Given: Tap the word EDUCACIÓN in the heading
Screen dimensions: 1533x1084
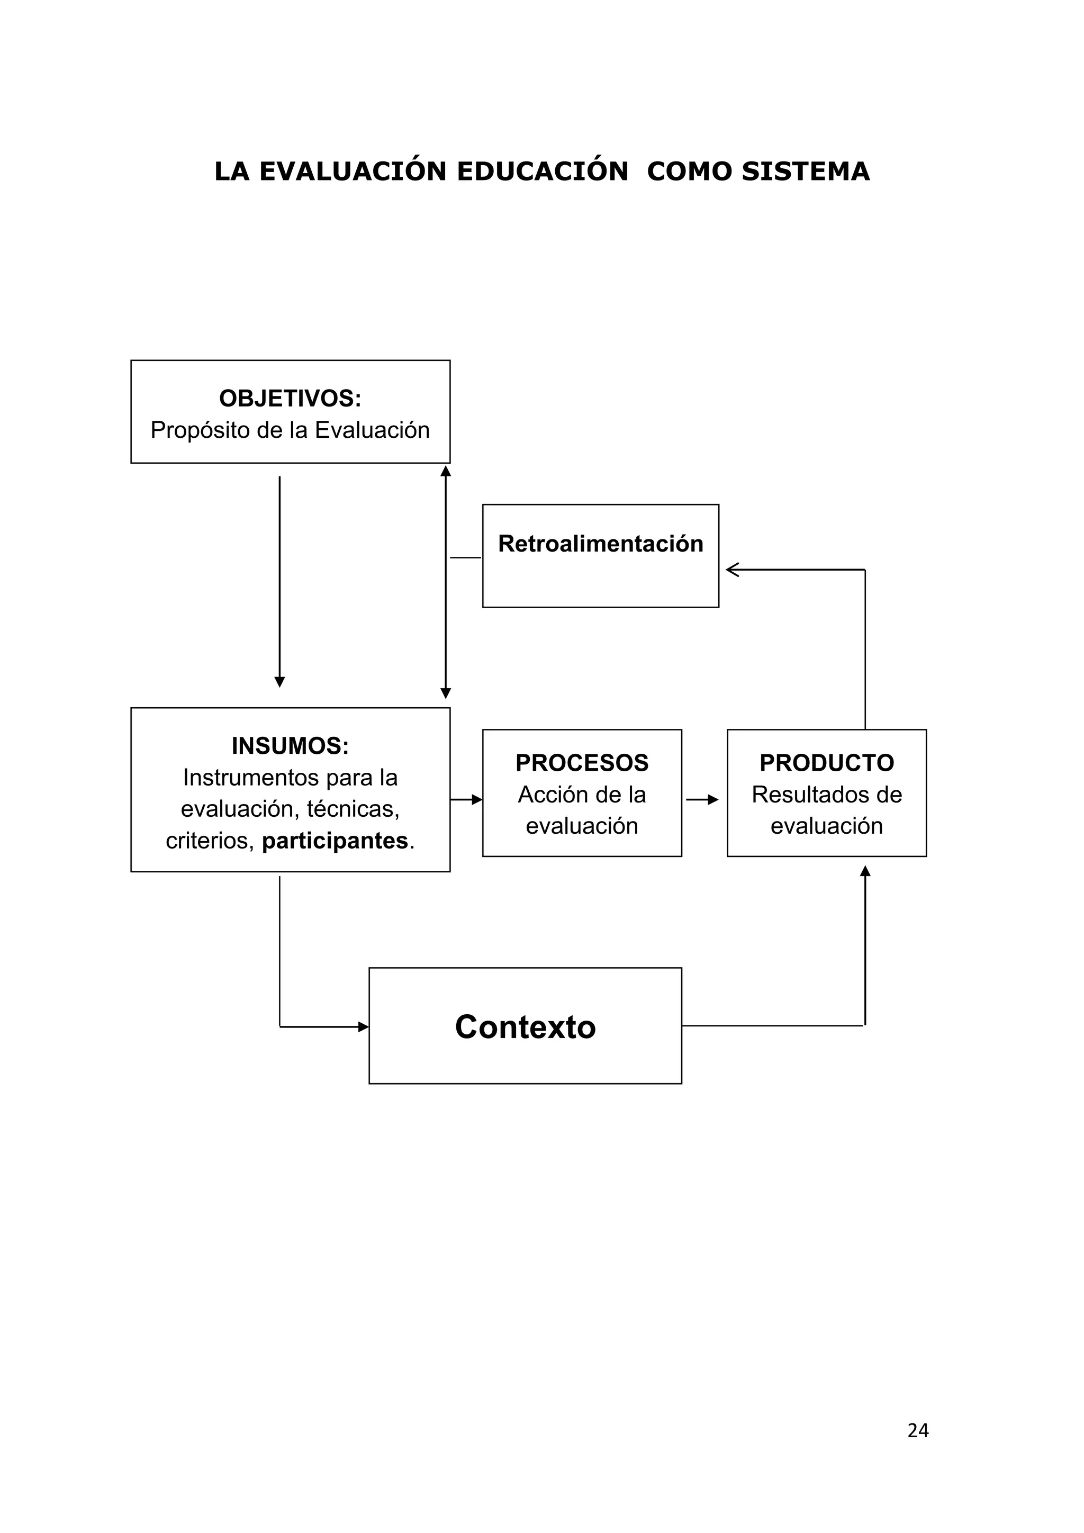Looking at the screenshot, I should pyautogui.click(x=543, y=172).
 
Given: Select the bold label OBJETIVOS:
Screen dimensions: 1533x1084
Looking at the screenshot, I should pyautogui.click(x=291, y=399).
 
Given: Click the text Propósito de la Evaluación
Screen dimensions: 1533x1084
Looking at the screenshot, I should pyautogui.click(x=291, y=430).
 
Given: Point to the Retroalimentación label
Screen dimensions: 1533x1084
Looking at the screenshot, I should pyautogui.click(x=601, y=544).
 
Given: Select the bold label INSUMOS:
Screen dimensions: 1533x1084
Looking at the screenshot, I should pyautogui.click(x=291, y=746).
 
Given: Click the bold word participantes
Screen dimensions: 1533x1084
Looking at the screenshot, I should pyautogui.click(x=335, y=841).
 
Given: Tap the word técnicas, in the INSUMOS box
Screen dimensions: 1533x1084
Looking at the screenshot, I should pyautogui.click(x=353, y=809).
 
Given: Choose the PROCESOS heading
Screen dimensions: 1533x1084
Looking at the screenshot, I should pyautogui.click(x=582, y=762).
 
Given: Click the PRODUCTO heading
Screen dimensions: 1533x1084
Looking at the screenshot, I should pyautogui.click(x=826, y=762).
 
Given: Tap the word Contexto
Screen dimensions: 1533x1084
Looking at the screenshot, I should pyautogui.click(x=525, y=1027).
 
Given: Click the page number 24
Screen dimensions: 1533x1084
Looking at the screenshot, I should pyautogui.click(x=918, y=1430).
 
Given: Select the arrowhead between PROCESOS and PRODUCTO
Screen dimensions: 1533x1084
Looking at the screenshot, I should pyautogui.click(x=713, y=800).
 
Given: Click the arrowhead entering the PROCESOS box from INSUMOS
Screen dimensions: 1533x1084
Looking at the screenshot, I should pyautogui.click(x=477, y=800).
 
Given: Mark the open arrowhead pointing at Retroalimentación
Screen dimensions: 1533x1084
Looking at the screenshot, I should pyautogui.click(x=731, y=570).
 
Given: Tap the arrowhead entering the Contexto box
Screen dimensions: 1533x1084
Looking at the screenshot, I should pyautogui.click(x=364, y=1027).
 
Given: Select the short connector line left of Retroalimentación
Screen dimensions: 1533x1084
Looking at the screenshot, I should pyautogui.click(x=465, y=557).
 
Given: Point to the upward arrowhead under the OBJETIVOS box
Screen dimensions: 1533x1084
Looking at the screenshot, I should pyautogui.click(x=446, y=471).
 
